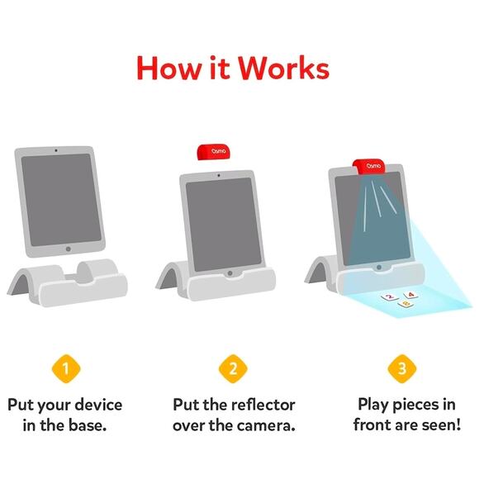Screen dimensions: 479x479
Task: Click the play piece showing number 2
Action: click(x=387, y=295)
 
